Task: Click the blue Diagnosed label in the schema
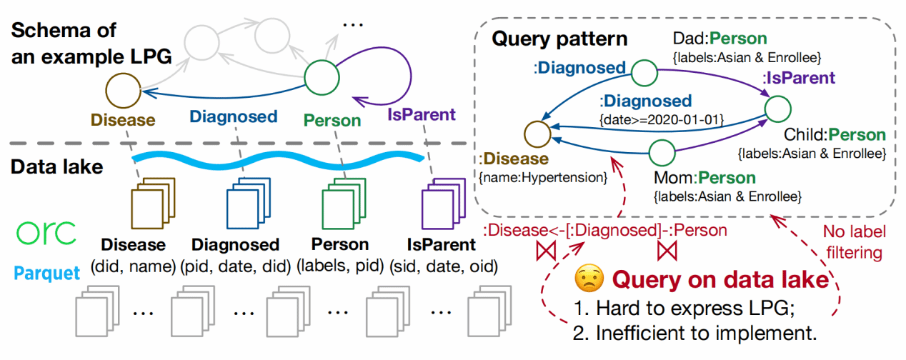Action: pos(233,116)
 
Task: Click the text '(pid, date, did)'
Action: pos(237,267)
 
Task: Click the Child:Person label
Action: pos(835,134)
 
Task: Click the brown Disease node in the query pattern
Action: pos(537,133)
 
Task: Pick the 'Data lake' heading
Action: pos(56,167)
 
